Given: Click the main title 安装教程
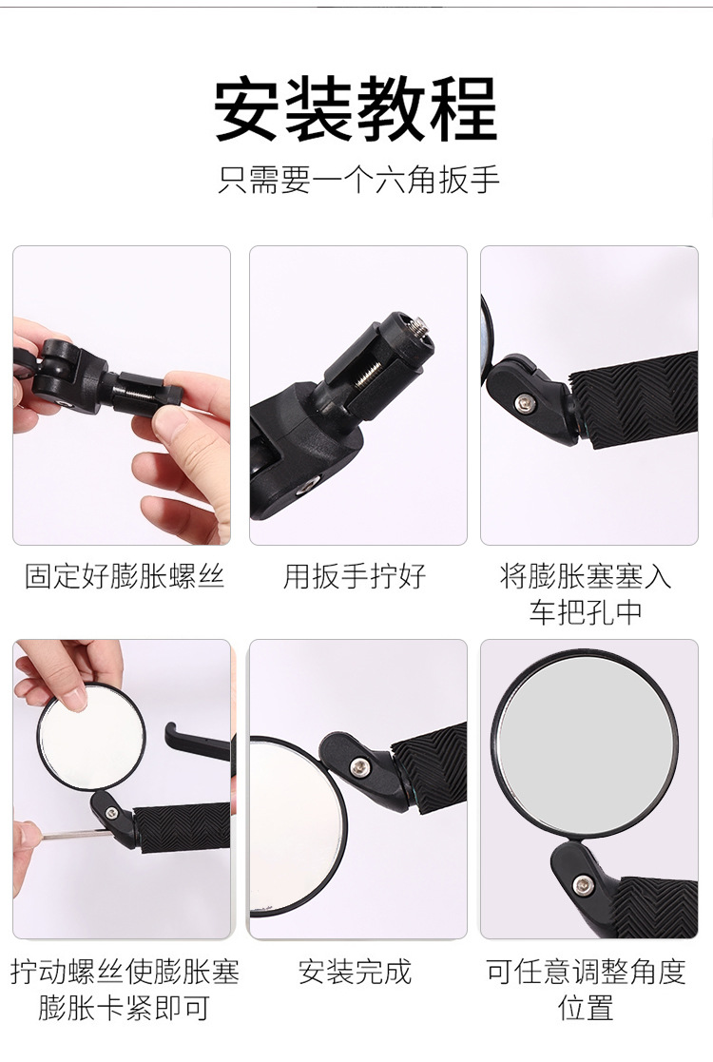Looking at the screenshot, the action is [356, 109].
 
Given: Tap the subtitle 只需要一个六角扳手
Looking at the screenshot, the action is [358, 180].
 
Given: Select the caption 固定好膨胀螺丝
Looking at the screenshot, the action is [124, 576].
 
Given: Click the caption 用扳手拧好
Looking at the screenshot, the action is [355, 576].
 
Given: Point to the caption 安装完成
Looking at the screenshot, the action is [355, 972].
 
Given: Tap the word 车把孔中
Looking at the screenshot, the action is [586, 611].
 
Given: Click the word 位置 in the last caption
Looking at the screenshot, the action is [586, 1007].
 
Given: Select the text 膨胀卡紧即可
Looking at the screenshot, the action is [124, 1007].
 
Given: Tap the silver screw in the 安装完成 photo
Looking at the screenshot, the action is [358, 766].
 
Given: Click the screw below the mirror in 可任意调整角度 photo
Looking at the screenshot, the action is [583, 884].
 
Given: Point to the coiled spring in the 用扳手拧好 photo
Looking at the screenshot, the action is [365, 372].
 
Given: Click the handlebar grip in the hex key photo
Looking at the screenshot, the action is [183, 828].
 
